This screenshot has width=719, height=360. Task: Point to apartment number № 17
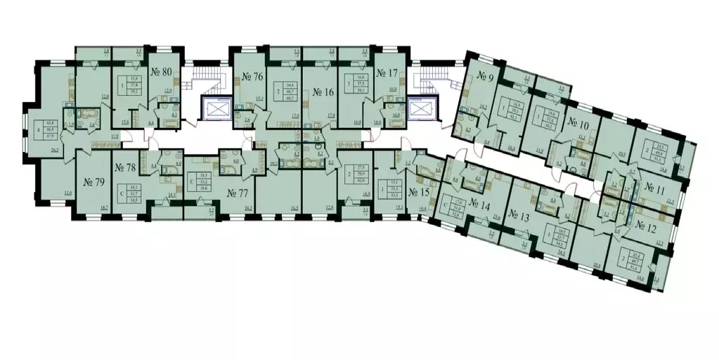coord(388,73)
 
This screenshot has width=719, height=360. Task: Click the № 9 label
coord(484,75)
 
